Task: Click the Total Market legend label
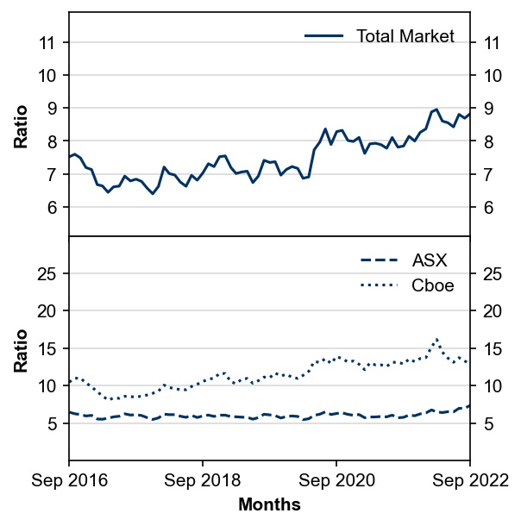405,36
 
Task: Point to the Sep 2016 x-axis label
70,480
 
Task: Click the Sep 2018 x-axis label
203,480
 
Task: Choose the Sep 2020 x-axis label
336,480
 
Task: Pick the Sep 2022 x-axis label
470,480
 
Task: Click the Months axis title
269,504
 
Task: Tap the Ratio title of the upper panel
21,127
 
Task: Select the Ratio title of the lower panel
21,351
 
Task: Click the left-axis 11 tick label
47,43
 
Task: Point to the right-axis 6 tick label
488,208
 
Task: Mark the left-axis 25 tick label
46,274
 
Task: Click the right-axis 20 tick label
493,311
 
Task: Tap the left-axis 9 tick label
53,109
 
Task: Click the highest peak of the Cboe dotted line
436,339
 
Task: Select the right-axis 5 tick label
488,424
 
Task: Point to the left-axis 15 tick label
46,349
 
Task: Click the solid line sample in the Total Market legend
323,36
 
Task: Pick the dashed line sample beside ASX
379,260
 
